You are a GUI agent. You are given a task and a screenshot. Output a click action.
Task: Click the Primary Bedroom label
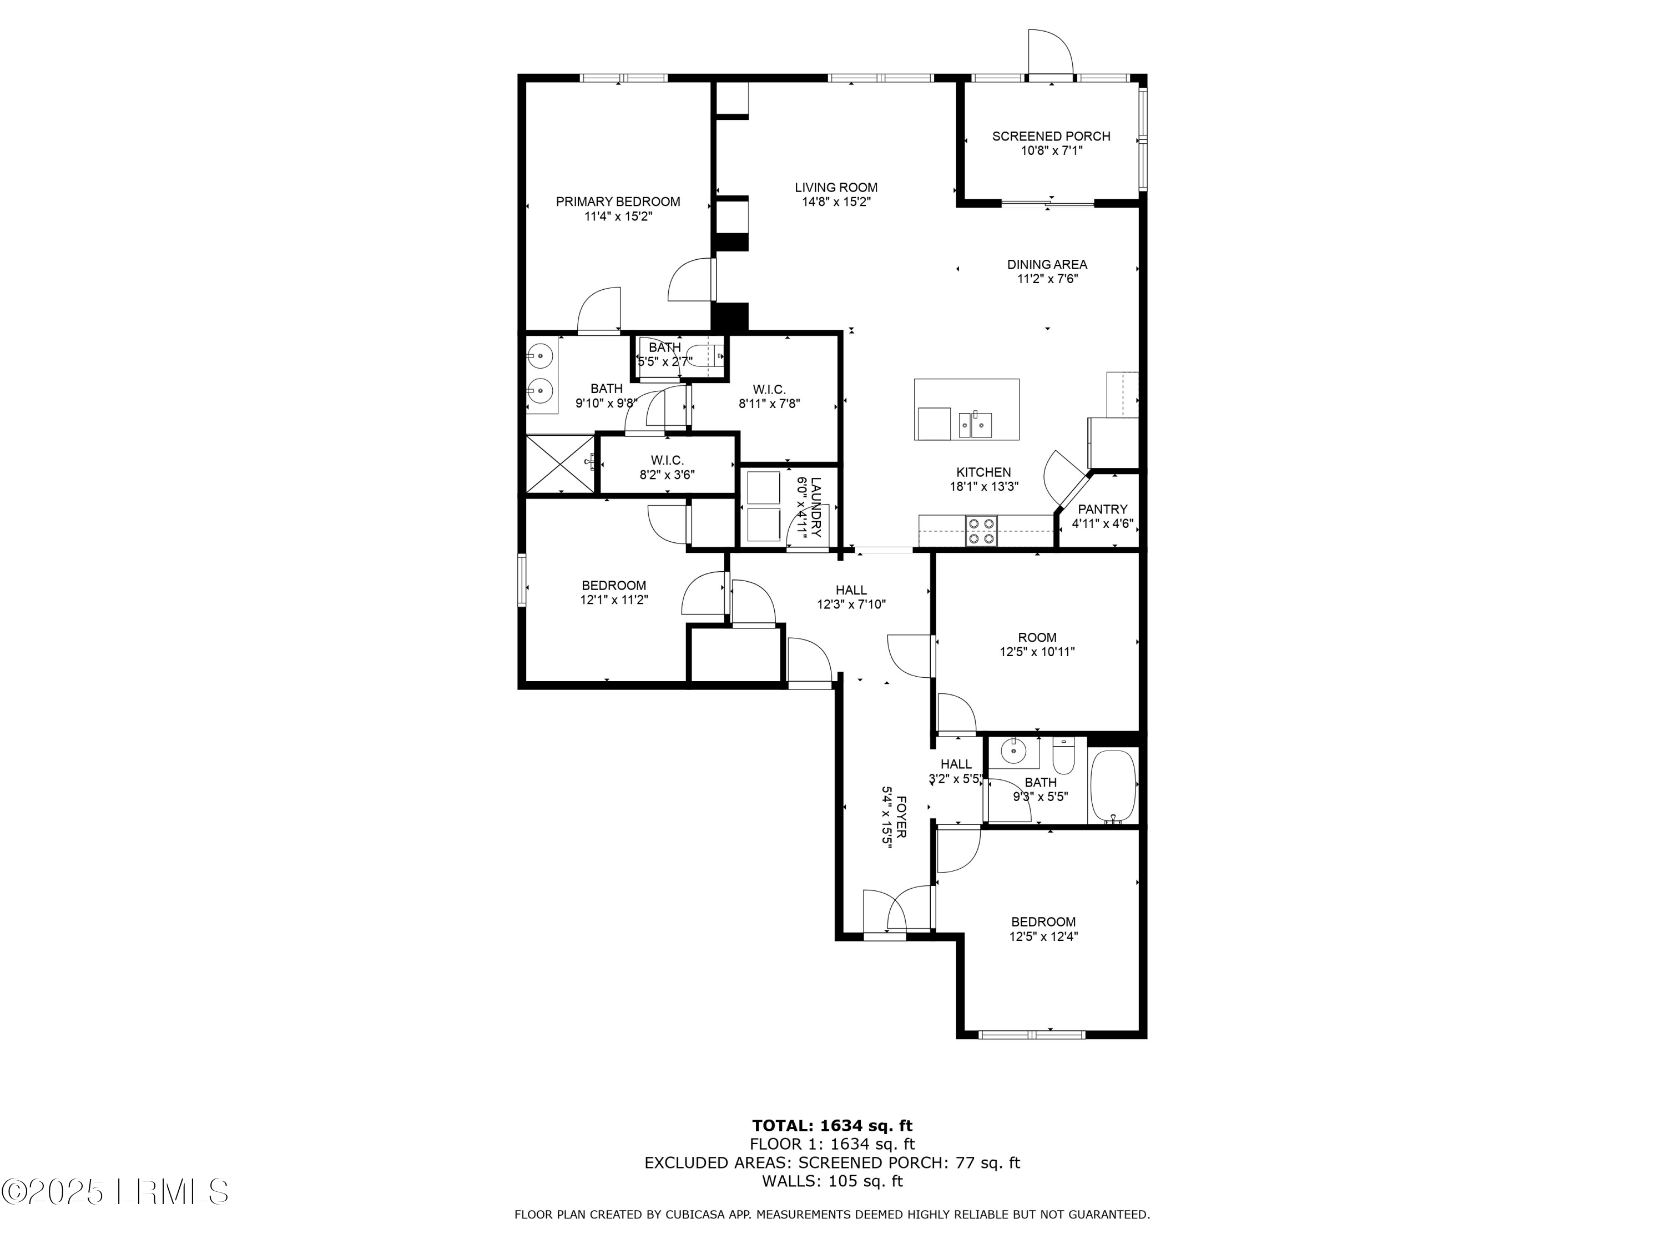pos(617,202)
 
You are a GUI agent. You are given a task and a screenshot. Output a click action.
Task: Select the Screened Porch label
pos(1051,136)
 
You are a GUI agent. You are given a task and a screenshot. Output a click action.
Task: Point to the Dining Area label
pos(1047,264)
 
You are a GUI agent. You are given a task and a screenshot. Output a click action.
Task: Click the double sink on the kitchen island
pos(976,424)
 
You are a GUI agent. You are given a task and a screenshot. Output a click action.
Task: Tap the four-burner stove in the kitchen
pos(981,530)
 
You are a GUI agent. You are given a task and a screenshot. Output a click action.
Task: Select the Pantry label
pos(1102,510)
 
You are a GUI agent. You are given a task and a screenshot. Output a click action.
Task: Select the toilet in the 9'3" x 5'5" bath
pos(1063,755)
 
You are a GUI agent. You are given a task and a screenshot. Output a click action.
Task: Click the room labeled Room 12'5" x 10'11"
pos(1037,644)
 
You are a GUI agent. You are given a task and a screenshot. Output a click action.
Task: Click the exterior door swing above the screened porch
pos(1050,53)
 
